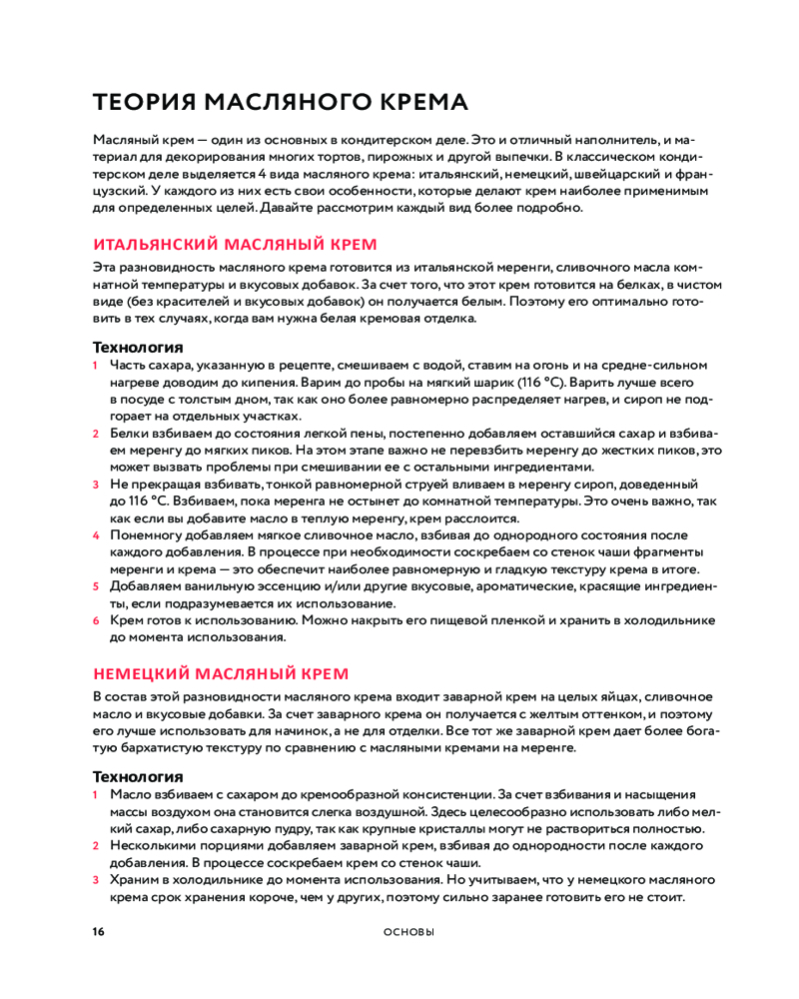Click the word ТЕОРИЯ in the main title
point(141,102)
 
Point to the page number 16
point(98,932)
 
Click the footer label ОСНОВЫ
point(409,932)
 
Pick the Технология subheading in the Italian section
point(138,348)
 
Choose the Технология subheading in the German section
point(138,776)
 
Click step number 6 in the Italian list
point(97,620)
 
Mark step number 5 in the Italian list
point(97,586)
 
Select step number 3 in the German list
point(97,880)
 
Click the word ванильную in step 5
point(217,586)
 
